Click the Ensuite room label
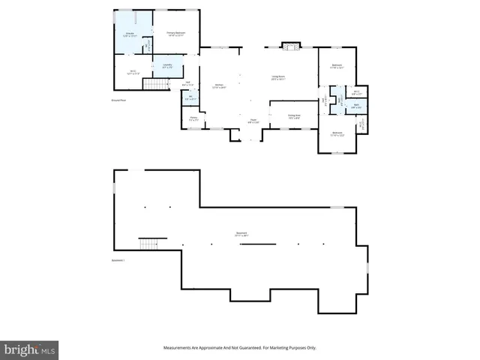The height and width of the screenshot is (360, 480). [130, 34]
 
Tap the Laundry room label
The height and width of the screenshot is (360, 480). [167, 66]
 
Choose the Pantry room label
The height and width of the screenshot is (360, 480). [193, 118]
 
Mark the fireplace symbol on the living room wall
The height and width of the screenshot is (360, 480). [289, 47]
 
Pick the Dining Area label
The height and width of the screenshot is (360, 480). [294, 115]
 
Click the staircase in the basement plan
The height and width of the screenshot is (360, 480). [151, 244]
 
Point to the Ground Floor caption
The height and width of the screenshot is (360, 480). [118, 99]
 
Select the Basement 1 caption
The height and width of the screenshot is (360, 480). [118, 260]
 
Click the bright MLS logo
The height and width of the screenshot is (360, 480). [30, 350]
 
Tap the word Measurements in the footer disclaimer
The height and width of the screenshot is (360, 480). [178, 348]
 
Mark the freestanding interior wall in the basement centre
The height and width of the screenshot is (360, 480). [257, 244]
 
